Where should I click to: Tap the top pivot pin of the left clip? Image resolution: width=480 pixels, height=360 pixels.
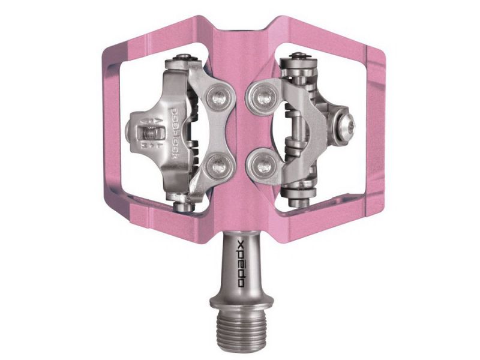pyautogui.click(x=184, y=59)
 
